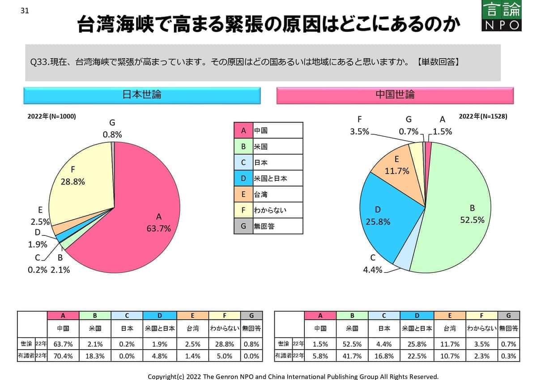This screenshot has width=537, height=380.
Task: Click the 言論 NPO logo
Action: point(502,16)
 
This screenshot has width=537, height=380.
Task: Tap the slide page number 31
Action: point(25,11)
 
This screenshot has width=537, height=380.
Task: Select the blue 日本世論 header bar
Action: point(142,95)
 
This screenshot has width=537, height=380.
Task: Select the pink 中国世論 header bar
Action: point(395,95)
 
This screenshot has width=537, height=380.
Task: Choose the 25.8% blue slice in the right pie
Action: point(380,215)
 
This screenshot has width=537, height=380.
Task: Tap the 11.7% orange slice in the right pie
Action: point(396,166)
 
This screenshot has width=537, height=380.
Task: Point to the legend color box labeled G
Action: point(243,226)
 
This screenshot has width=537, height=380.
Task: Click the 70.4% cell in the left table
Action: point(63,356)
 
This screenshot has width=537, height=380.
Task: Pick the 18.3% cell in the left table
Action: point(95,356)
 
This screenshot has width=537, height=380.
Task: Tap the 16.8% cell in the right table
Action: point(384,356)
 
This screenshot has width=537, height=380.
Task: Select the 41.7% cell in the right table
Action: point(352,356)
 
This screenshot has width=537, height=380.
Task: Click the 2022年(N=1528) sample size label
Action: point(483,116)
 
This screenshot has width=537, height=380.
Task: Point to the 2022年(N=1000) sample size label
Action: point(52,116)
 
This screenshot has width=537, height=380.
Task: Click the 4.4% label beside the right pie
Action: point(373,269)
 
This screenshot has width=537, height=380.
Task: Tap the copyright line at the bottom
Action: point(293,376)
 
